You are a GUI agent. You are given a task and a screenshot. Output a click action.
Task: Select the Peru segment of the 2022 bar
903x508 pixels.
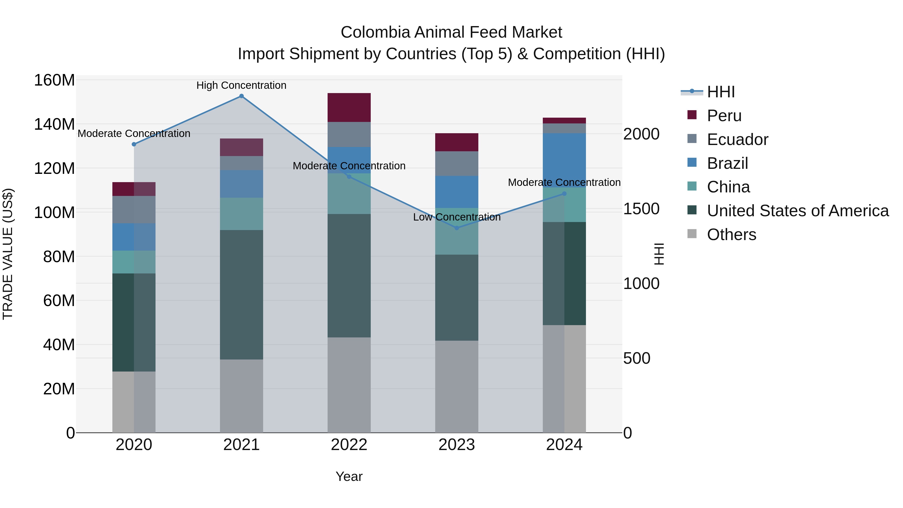(349, 108)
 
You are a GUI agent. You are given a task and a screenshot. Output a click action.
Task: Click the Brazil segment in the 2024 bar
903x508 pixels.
(564, 160)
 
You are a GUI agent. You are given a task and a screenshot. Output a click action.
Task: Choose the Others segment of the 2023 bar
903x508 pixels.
(457, 386)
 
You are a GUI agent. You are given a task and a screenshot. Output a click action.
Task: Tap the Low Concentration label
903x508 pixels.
(457, 217)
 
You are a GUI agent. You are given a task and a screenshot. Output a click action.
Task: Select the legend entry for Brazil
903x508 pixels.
(727, 163)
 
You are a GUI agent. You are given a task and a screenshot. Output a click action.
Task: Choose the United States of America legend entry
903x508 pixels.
(797, 211)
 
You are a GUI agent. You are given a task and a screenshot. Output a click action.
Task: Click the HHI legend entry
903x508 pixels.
(720, 92)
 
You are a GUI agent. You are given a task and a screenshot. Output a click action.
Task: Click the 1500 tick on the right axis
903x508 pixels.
(641, 209)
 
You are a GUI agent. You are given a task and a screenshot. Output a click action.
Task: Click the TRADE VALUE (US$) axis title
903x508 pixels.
(8, 254)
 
